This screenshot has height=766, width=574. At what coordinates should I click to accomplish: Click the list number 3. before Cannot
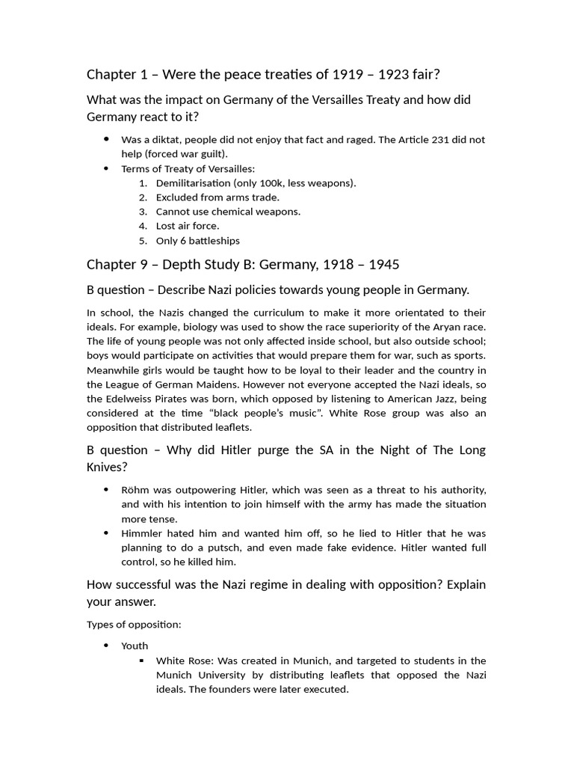[x=143, y=212]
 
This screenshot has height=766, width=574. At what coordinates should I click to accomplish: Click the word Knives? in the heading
[x=108, y=467]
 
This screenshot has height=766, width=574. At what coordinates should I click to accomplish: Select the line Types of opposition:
[x=134, y=624]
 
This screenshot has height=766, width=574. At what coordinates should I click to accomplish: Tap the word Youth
[x=135, y=646]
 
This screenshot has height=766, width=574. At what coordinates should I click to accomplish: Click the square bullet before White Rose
[x=142, y=661]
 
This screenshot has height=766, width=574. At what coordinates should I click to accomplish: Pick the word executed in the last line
[x=327, y=689]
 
